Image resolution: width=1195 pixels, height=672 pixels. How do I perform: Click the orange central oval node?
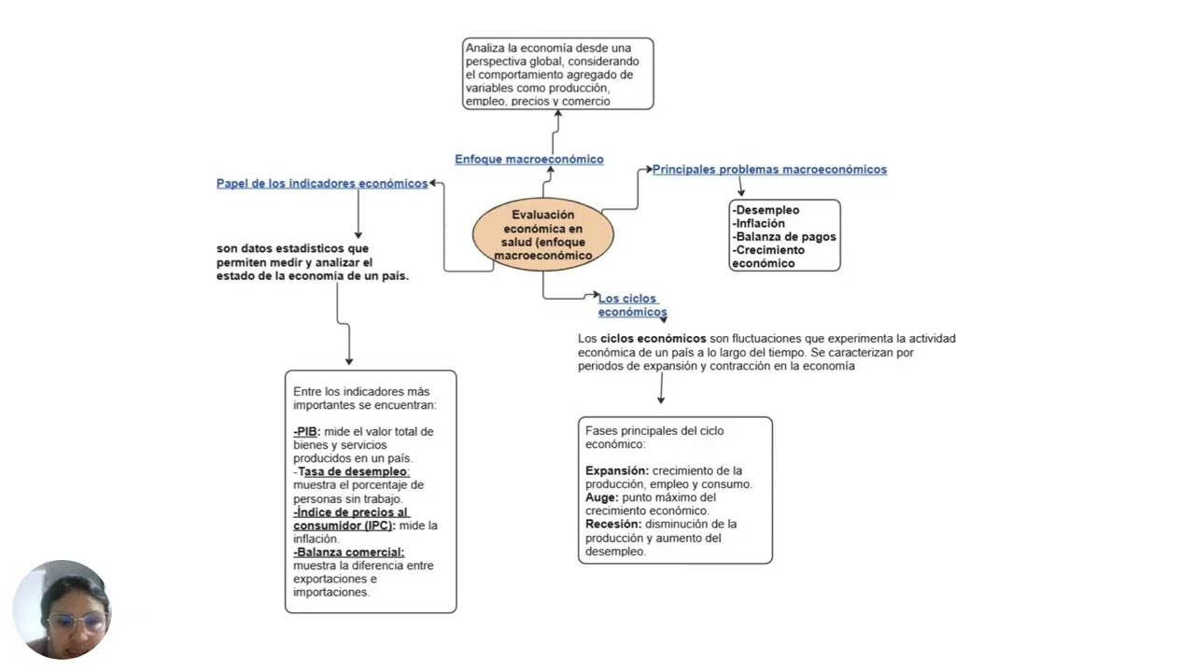(x=543, y=234)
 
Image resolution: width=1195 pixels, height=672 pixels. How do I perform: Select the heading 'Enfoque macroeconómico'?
(x=529, y=159)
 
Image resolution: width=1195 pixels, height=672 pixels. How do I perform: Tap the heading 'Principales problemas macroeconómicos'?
(x=769, y=169)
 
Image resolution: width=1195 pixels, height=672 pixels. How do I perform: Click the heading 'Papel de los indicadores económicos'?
(x=322, y=184)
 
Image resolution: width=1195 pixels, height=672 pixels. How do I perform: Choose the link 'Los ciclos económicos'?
(x=632, y=305)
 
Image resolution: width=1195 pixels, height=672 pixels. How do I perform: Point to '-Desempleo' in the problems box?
(x=766, y=210)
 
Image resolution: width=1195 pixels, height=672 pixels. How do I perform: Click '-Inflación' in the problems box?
(x=759, y=223)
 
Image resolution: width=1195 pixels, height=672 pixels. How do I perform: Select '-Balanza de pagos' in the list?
(x=784, y=237)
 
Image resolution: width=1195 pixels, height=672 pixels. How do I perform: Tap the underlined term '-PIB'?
(x=305, y=431)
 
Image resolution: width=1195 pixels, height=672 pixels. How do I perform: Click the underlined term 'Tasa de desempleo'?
(x=353, y=471)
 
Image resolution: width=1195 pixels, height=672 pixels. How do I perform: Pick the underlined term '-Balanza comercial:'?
(x=349, y=552)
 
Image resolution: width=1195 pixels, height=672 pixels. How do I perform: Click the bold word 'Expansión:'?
(x=617, y=471)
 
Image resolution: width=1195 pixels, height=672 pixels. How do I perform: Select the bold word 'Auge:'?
(x=602, y=497)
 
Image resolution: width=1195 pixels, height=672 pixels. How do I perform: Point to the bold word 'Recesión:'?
(x=613, y=525)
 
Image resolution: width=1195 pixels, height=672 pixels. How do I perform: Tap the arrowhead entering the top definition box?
(x=558, y=113)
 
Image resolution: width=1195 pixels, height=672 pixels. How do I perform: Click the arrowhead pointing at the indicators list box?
(x=349, y=361)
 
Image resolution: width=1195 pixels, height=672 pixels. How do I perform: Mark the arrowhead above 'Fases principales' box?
(x=661, y=399)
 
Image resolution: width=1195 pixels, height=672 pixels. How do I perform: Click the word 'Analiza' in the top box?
(x=485, y=48)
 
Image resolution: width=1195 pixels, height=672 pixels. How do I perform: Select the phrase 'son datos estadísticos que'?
(x=292, y=248)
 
